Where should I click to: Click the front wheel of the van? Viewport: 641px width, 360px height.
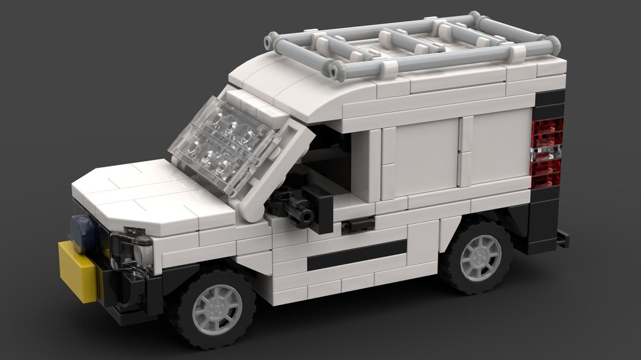point(212,307)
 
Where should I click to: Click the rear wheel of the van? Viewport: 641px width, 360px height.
point(478,257)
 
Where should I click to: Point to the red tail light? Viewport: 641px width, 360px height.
point(546,153)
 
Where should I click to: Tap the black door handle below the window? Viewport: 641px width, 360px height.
point(358,224)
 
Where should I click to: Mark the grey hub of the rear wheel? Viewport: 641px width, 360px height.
point(481,257)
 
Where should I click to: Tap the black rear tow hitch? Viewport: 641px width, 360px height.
point(562,239)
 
